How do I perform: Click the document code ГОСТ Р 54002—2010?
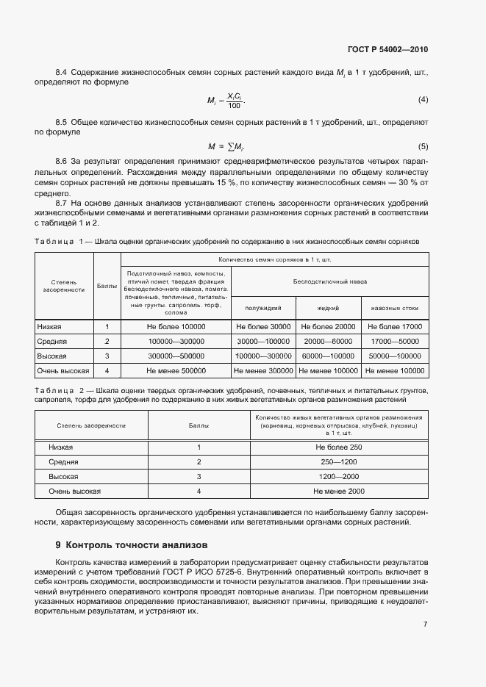(x=387, y=50)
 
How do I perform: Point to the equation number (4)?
(x=423, y=99)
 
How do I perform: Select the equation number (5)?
(x=423, y=145)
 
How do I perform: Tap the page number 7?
(x=425, y=625)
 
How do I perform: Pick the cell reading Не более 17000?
(x=395, y=326)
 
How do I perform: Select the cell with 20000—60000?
(x=328, y=342)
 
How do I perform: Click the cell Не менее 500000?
(x=176, y=371)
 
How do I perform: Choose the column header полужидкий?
(x=262, y=309)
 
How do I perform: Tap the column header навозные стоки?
(x=395, y=309)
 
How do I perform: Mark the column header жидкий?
(x=328, y=309)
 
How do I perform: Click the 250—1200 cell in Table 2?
(x=339, y=461)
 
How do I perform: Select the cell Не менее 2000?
(x=339, y=491)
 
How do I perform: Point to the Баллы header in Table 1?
(x=107, y=285)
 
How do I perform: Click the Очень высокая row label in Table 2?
(x=74, y=491)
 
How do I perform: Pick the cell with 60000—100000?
(x=328, y=356)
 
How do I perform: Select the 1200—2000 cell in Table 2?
(x=339, y=476)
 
